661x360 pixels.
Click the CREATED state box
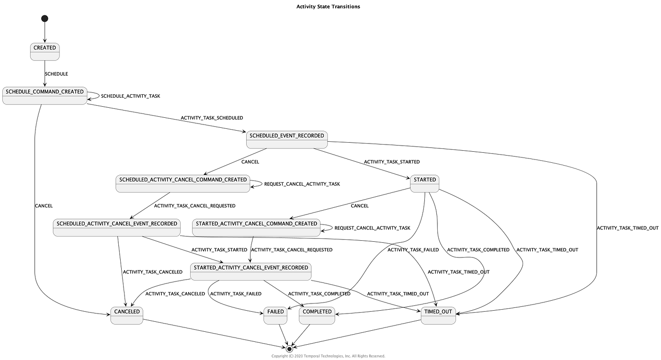(45, 52)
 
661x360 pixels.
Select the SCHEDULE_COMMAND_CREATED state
(45, 95)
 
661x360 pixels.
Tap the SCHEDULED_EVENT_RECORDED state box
(286, 139)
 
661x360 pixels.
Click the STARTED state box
(424, 183)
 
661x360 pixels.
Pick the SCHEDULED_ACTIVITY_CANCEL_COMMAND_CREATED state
(182, 183)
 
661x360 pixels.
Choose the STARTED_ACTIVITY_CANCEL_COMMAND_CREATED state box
(256, 227)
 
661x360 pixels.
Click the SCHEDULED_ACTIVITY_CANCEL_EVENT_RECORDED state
(116, 227)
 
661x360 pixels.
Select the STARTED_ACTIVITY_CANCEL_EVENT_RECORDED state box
(251, 271)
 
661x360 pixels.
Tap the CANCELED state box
(126, 315)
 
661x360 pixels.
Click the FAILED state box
(275, 315)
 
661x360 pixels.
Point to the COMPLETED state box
(317, 315)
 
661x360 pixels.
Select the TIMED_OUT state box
(438, 315)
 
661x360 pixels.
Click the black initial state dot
(45, 19)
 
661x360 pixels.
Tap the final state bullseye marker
(289, 349)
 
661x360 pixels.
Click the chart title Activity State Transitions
(328, 7)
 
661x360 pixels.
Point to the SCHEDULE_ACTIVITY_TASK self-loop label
(130, 96)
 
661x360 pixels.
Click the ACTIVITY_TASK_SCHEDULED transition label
(211, 118)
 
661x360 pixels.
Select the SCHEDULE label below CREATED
(56, 74)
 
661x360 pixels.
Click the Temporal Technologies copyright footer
(328, 356)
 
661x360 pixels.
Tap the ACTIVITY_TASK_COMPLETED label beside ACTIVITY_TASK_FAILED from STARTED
(478, 250)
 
